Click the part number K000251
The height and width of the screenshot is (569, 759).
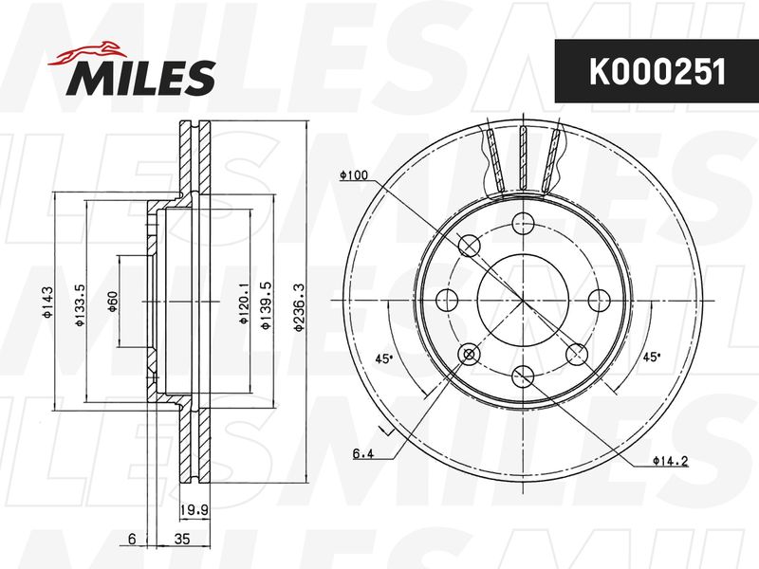point(657,72)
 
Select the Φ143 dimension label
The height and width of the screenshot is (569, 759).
point(47,303)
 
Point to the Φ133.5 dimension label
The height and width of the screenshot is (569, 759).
point(80,304)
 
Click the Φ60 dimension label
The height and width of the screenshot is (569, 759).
point(112,302)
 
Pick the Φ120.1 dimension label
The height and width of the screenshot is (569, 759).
point(244,303)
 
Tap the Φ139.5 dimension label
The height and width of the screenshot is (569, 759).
point(266,305)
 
